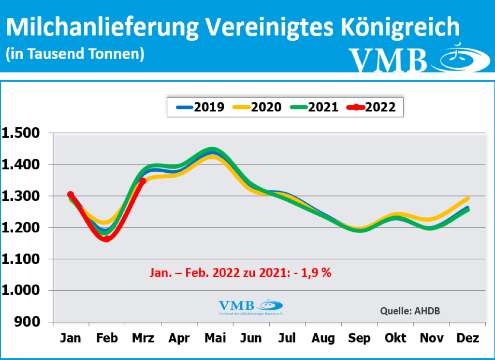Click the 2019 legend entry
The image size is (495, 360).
coord(198,107)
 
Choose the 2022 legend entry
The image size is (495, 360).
coord(371,107)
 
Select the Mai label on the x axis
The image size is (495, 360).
coord(215,338)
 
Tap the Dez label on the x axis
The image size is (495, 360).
coord(467,338)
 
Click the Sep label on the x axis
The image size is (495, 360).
coord(360,338)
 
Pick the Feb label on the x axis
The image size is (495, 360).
coord(107,338)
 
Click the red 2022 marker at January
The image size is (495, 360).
coord(71,195)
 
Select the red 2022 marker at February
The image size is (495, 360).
coord(106,239)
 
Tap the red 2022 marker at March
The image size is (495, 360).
coord(143,181)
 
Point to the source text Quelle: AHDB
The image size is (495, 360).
coord(410,311)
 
